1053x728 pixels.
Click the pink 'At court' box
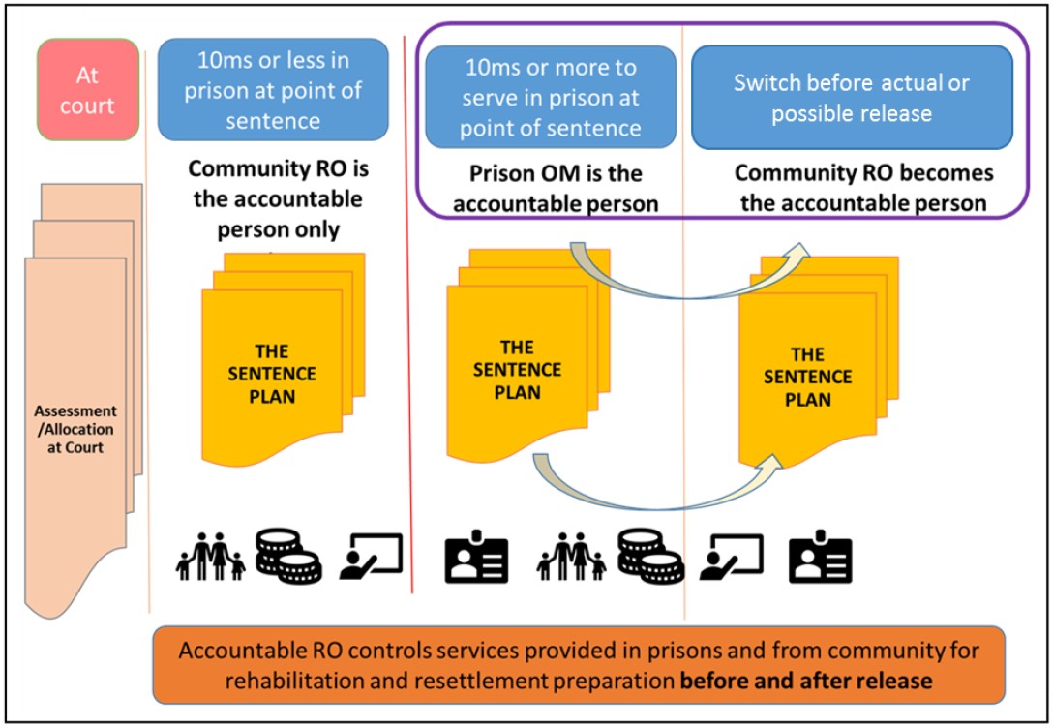pos(87,89)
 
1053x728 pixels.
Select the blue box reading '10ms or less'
pos(273,90)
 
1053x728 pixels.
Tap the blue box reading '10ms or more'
pos(551,97)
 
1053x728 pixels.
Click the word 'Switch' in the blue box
pos(766,82)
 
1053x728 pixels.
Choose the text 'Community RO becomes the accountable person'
pos(863,189)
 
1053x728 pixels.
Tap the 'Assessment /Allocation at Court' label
pos(75,429)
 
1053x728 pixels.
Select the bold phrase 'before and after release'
pos(806,680)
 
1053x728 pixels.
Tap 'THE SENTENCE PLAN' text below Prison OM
pos(518,369)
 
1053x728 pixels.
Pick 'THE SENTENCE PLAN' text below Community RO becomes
pos(808,378)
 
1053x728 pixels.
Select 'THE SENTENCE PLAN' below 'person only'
pos(272,373)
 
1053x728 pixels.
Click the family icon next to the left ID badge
pos(572,557)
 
